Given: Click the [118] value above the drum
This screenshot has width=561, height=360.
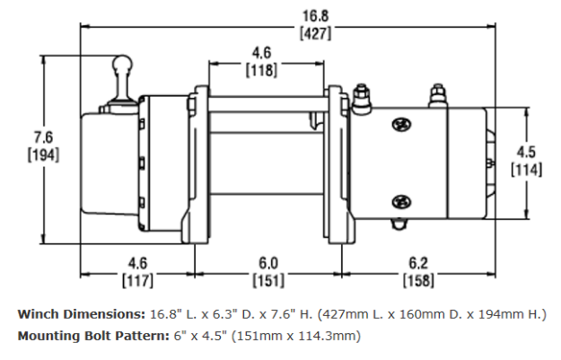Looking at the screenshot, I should coord(263,70).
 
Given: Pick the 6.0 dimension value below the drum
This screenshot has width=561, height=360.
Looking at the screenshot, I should coord(267,264).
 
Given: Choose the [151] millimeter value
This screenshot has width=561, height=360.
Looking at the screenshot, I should coord(267,281).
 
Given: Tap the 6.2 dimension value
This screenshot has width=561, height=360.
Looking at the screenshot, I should coord(416,264).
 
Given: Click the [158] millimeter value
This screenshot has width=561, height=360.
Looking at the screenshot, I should coord(416,281).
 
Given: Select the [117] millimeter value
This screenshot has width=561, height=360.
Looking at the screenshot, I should coord(136,281).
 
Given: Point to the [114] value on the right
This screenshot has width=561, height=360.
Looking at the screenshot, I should coord(526,167).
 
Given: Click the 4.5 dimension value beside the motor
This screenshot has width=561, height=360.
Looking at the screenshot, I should coord(526,150).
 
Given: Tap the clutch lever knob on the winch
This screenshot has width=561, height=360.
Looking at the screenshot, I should coord(122,67).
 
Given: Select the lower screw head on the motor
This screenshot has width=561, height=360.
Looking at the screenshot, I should coord(399,201).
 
